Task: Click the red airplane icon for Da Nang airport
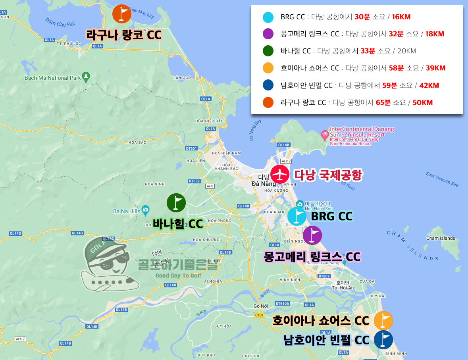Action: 280,174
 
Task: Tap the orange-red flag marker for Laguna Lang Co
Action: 122,14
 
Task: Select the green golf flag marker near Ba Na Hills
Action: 176,203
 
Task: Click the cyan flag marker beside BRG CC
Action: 297,216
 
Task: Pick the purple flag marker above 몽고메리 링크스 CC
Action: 312,235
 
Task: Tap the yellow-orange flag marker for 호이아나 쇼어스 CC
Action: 383,320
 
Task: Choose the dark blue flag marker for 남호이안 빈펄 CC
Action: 383,340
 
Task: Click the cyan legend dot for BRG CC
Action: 268,17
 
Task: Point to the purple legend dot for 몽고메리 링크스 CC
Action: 268,34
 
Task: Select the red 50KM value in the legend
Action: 422,102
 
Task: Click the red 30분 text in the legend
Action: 362,17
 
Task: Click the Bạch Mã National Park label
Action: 52,78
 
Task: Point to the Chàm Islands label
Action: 441,238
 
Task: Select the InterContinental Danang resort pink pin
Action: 325,135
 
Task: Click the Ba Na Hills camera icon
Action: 146,210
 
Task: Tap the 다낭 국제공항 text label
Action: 328,175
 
